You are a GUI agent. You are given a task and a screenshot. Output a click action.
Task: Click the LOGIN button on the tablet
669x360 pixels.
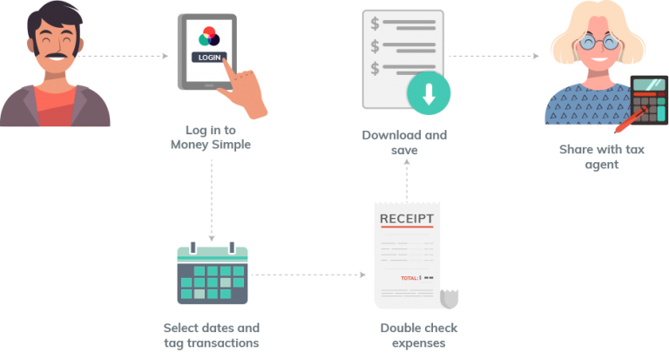pyautogui.click(x=209, y=58)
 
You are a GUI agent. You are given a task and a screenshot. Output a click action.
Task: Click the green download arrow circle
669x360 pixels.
pyautogui.click(x=429, y=94)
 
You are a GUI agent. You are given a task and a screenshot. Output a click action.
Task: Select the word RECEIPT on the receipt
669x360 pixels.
pyautogui.click(x=407, y=217)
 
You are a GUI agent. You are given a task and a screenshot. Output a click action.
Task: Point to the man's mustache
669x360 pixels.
pyautogui.click(x=55, y=58)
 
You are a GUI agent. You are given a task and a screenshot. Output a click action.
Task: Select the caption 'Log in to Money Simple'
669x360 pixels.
pyautogui.click(x=210, y=137)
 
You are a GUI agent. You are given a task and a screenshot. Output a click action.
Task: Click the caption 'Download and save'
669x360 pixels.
pyautogui.click(x=404, y=143)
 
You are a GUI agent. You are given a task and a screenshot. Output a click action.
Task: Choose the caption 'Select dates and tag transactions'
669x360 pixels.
pyautogui.click(x=212, y=336)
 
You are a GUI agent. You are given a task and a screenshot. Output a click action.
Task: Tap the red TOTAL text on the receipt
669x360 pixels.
pyautogui.click(x=409, y=278)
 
